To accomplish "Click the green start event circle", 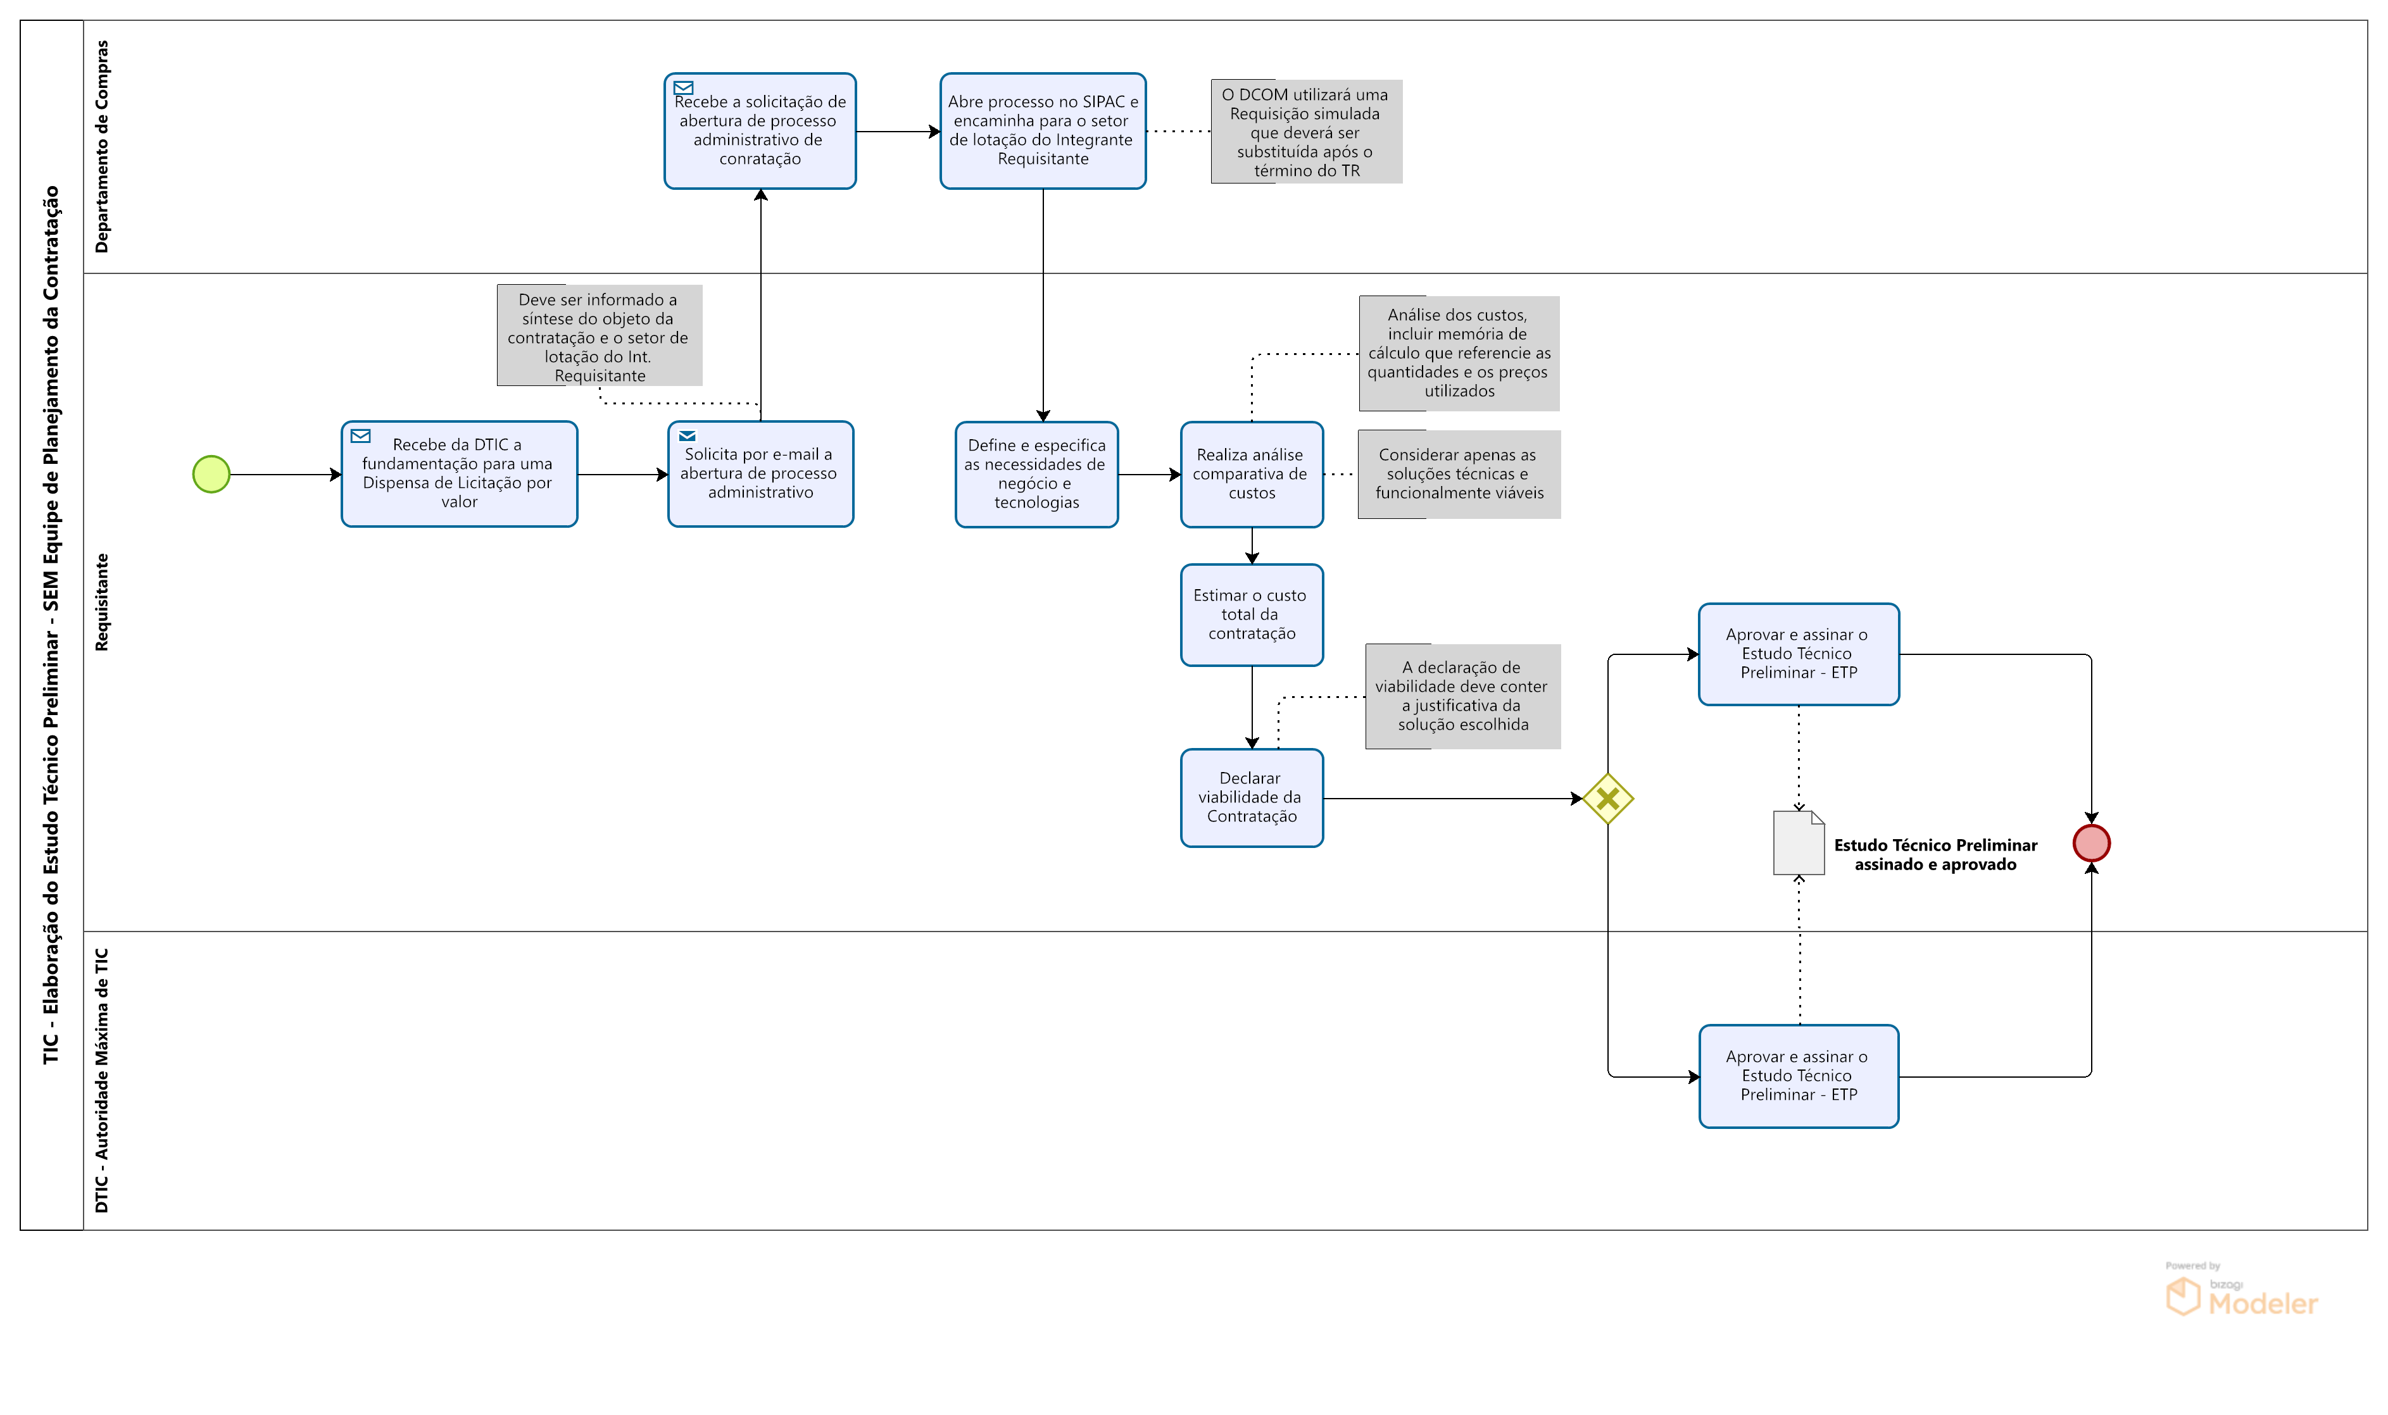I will coord(211,474).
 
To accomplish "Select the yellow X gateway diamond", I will coord(1608,798).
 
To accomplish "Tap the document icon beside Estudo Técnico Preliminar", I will coord(1798,843).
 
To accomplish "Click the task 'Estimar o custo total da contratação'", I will coord(1251,614).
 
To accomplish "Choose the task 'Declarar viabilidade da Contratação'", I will coord(1251,797).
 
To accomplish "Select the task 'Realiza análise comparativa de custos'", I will coord(1251,474).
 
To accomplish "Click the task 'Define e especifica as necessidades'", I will coord(1036,474).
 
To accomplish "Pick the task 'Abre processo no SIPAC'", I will coord(1042,130).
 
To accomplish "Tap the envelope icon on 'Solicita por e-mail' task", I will coord(687,436).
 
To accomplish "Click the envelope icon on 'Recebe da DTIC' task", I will coord(360,436).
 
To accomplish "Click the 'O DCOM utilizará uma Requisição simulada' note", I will coord(1305,132).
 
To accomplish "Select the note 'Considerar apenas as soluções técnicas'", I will coord(1458,474).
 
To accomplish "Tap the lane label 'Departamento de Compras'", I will coord(102,147).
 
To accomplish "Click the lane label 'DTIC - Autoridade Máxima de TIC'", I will coord(102,1080).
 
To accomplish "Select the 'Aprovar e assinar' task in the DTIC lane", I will coord(1798,1076).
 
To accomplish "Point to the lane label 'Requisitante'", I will coord(102,602).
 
